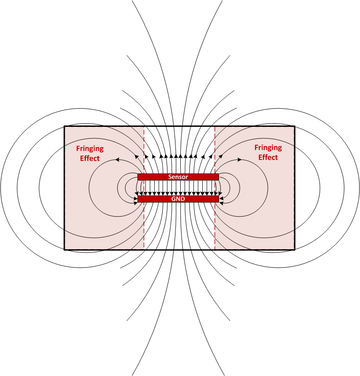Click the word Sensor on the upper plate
tap(178, 177)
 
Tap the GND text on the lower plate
tap(178, 199)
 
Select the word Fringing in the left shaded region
tap(90, 149)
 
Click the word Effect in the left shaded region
tap(90, 159)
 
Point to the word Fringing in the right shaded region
tap(268, 147)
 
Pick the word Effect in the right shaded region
tap(268, 157)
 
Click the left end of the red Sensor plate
tap(139, 177)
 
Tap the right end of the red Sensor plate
tap(218, 177)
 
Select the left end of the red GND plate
tap(139, 199)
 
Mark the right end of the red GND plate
tap(218, 199)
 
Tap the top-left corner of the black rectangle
tap(64, 126)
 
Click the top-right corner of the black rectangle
tap(295, 126)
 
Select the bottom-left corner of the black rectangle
tap(64, 250)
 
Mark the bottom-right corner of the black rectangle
tap(295, 250)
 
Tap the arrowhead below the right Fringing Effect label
tap(239, 159)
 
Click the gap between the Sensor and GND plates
tap(178, 188)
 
